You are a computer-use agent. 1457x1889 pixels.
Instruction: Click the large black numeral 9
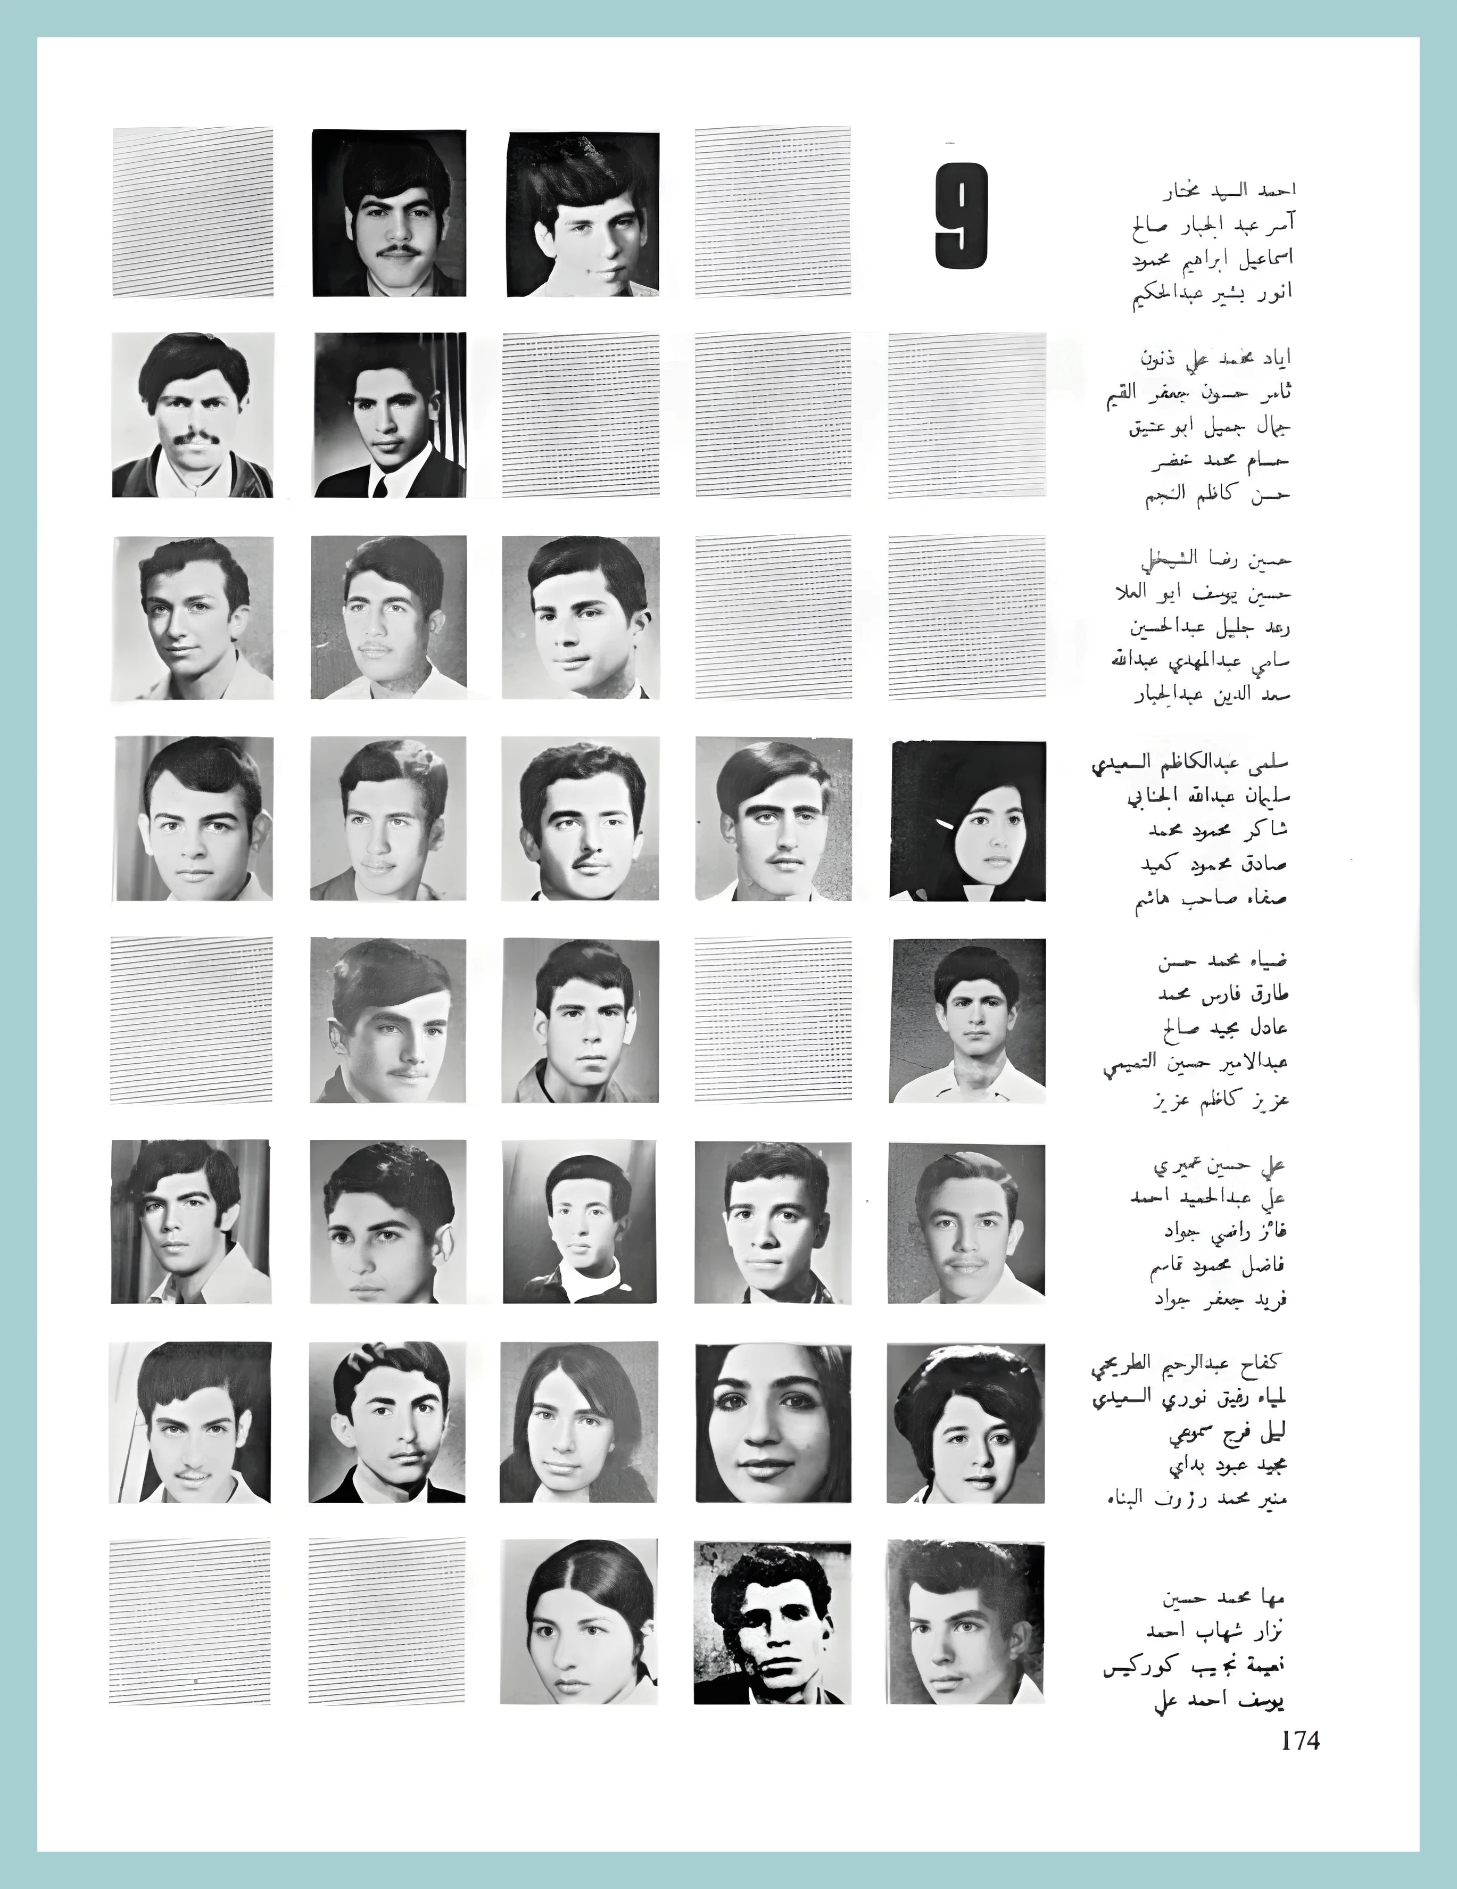click(x=961, y=216)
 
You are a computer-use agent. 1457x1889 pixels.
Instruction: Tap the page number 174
click(x=1301, y=1740)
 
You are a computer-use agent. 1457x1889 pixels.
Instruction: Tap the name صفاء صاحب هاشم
click(x=1211, y=899)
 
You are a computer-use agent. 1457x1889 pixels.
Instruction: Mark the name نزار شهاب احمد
click(x=1215, y=1631)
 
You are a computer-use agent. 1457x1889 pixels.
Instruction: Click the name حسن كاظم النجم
click(x=1218, y=495)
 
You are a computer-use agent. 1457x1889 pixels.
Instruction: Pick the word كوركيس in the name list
click(x=1146, y=1667)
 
